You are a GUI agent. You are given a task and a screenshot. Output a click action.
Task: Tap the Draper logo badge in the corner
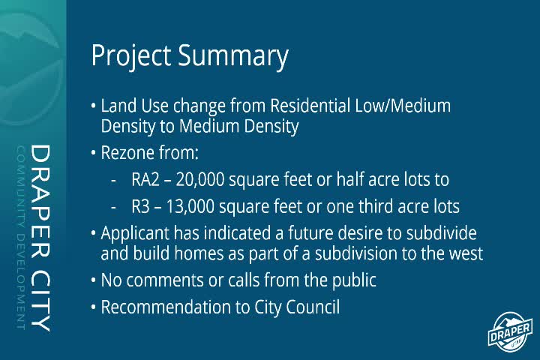pyautogui.click(x=511, y=331)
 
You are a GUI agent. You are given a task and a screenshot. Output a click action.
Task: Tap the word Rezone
pyautogui.click(x=129, y=154)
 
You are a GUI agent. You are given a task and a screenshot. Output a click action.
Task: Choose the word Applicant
pyautogui.click(x=136, y=233)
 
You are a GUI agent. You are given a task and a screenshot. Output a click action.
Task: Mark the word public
pyautogui.click(x=352, y=280)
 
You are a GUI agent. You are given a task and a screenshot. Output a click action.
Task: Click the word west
pyautogui.click(x=466, y=253)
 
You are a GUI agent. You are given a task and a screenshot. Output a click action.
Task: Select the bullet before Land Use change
pyautogui.click(x=94, y=106)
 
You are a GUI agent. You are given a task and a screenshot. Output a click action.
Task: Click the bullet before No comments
pyautogui.click(x=94, y=281)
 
